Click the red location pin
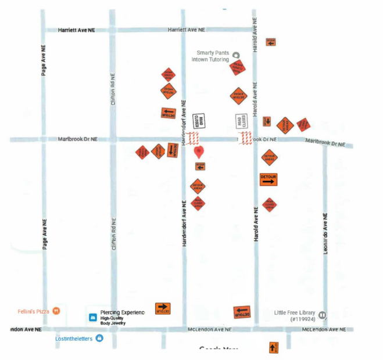point(199,152)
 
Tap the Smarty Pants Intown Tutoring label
point(213,56)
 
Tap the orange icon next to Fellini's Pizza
point(56,311)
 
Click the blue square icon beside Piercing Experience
point(92,318)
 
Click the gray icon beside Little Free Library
point(322,315)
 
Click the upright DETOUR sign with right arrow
point(269,179)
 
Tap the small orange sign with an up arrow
point(273,347)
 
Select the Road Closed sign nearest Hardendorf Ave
point(199,121)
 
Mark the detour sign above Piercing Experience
point(163,309)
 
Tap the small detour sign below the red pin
point(200,166)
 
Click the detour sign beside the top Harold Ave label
point(270,42)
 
